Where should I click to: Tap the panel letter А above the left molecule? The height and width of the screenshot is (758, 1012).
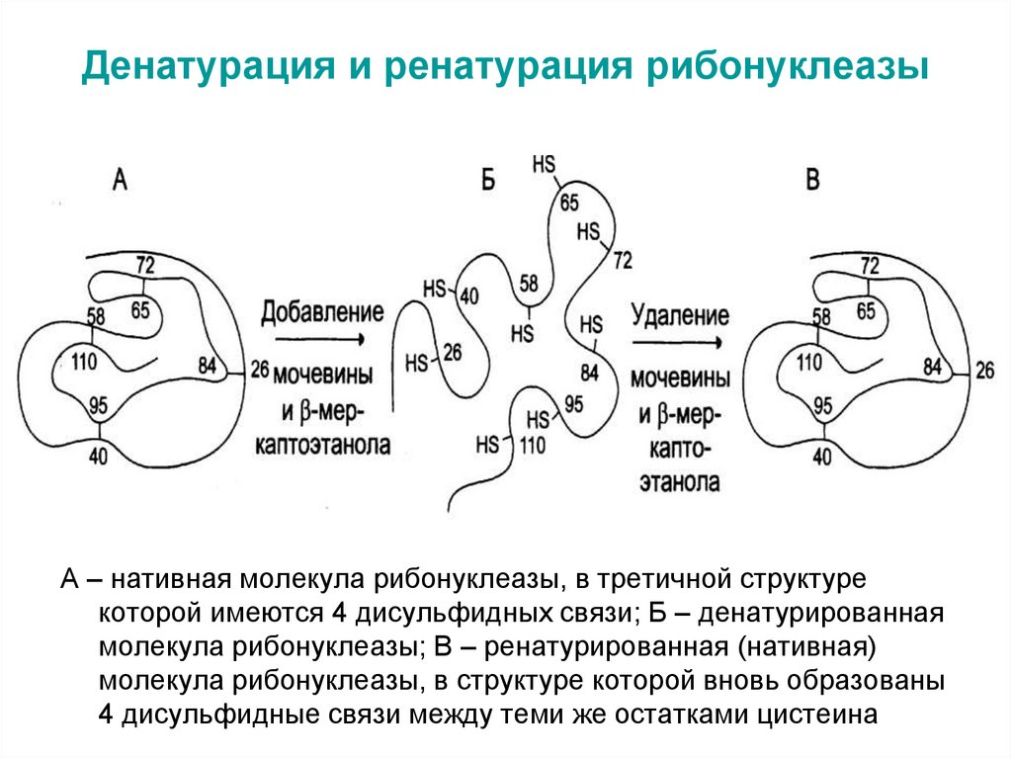click(121, 179)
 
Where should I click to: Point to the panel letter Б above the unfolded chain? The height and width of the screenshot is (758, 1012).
click(486, 179)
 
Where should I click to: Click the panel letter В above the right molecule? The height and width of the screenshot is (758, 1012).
click(812, 179)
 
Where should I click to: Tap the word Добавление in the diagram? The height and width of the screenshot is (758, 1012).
click(322, 313)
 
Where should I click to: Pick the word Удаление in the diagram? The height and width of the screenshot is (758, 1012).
click(680, 316)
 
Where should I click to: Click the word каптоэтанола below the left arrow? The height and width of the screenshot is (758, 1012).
click(322, 445)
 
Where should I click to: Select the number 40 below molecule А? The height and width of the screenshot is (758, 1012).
click(101, 458)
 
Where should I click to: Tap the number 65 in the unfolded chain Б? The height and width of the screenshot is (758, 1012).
click(570, 205)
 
